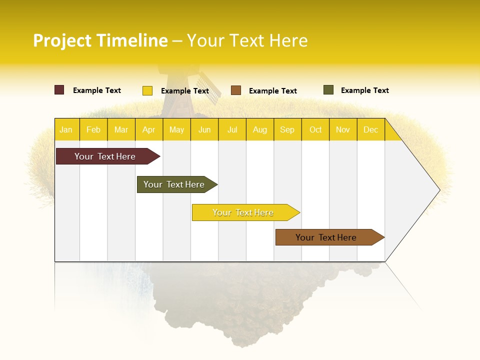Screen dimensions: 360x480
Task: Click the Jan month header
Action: point(66,129)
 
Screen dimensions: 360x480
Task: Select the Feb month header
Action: point(93,129)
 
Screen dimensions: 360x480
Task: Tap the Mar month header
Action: point(121,129)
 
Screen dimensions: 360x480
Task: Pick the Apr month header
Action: point(149,129)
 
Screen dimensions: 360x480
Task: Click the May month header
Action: point(176,129)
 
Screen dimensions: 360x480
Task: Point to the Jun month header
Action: point(204,129)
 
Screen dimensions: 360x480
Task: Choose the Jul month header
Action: point(232,129)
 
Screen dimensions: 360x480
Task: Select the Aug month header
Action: point(260,129)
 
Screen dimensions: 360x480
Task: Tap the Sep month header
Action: point(287,129)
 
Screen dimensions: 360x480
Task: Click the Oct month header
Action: point(315,129)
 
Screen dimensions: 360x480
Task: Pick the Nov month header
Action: point(343,129)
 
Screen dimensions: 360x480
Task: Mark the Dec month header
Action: point(371,129)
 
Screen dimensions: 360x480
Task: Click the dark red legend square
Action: point(59,90)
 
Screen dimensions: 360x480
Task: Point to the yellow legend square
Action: point(147,90)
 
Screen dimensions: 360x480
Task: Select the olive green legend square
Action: point(328,90)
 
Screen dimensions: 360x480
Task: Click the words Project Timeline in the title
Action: point(100,40)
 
